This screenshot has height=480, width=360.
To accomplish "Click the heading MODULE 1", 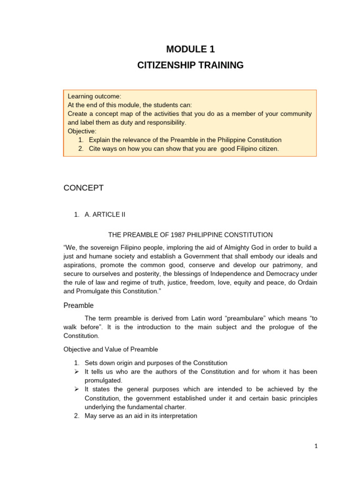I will pyautogui.click(x=190, y=49).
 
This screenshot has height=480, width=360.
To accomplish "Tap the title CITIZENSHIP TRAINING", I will pyautogui.click(x=190, y=65).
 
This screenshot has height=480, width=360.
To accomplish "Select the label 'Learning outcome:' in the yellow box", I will pyautogui.click(x=94, y=96).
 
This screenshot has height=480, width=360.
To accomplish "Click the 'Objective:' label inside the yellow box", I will pyautogui.click(x=82, y=131).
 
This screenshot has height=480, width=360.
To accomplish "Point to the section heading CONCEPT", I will pyautogui.click(x=83, y=188).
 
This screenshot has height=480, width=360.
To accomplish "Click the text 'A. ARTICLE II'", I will pyautogui.click(x=105, y=215).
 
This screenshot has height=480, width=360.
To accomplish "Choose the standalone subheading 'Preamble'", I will pyautogui.click(x=78, y=306).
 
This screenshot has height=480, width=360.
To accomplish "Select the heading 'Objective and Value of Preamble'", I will pyautogui.click(x=111, y=349).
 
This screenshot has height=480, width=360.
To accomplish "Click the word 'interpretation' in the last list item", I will pyautogui.click(x=175, y=416).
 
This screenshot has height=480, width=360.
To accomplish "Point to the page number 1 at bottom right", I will pyautogui.click(x=316, y=447).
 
